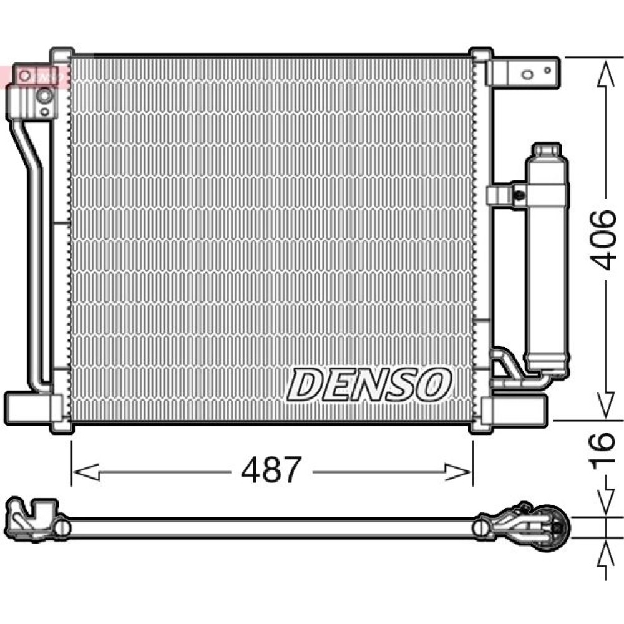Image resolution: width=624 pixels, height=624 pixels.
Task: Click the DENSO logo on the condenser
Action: point(369,384)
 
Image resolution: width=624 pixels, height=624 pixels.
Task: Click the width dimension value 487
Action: point(271,470)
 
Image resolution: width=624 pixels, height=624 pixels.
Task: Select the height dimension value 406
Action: point(602,240)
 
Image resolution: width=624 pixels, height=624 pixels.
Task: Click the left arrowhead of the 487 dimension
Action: point(86,472)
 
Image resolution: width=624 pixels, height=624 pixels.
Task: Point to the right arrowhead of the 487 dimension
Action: point(457,472)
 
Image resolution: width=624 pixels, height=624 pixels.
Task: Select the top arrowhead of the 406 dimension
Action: point(606,74)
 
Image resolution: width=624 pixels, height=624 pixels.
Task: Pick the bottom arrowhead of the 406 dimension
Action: point(606,404)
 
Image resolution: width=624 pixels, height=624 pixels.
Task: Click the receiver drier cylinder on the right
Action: point(546,259)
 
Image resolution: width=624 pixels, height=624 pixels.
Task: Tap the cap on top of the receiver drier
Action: point(547,150)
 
